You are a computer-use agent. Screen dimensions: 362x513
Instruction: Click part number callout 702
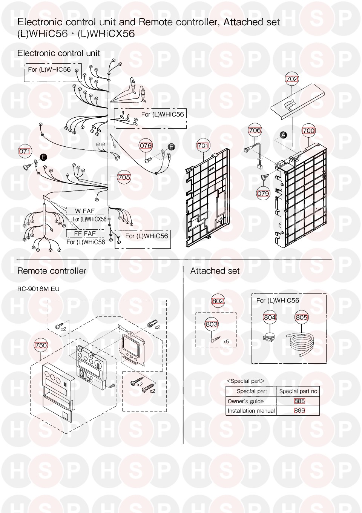tap(292, 79)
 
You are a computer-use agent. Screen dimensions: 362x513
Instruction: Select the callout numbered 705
tap(124, 177)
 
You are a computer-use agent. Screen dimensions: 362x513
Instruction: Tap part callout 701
tap(203, 146)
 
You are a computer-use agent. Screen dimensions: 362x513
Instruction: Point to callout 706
tap(255, 130)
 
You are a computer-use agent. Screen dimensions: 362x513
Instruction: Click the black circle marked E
tap(43, 157)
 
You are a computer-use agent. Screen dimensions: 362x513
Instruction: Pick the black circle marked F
tap(171, 147)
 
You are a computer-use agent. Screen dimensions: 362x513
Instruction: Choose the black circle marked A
tap(284, 135)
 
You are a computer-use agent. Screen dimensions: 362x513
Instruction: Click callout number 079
tap(263, 194)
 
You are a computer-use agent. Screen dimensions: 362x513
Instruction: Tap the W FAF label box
tap(85, 211)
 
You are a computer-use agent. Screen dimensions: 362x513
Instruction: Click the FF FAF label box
tap(85, 233)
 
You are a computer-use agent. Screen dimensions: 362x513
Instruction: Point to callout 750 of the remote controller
tap(41, 345)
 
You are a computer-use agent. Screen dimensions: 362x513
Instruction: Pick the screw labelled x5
tap(215, 339)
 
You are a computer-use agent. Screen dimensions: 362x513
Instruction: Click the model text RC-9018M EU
tap(38, 289)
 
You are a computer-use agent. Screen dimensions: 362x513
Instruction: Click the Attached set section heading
tap(215, 271)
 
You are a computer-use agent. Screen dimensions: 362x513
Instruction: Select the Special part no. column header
tap(299, 392)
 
